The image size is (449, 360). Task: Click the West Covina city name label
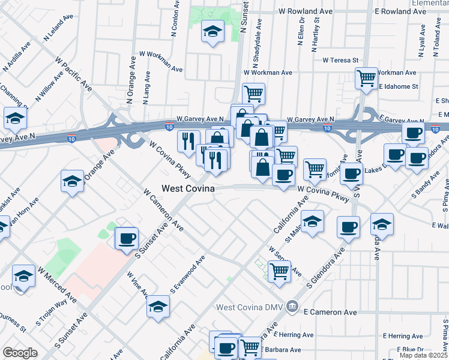tap(190, 188)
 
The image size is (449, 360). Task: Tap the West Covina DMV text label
tap(250, 307)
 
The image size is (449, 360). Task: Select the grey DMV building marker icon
tap(292, 307)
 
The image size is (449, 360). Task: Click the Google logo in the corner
tap(20, 353)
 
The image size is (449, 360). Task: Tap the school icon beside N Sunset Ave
tap(212, 32)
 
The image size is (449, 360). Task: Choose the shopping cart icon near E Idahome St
tap(366, 78)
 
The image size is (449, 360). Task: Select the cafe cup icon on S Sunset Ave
tap(127, 238)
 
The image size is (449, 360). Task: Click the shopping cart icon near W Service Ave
tap(279, 271)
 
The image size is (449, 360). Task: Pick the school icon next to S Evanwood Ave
tap(158, 306)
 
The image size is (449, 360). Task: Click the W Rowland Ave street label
tap(306, 11)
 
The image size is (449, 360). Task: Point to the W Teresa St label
tap(340, 60)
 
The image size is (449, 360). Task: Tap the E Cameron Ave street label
tap(330, 313)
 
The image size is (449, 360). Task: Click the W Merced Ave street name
tap(57, 284)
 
